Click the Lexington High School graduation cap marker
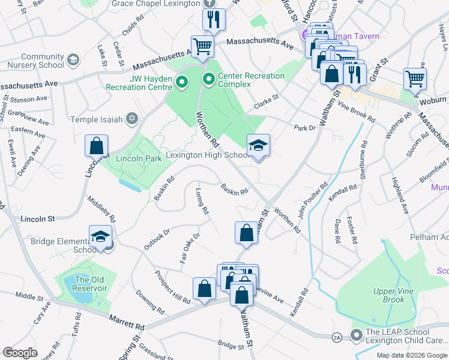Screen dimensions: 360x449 (x=259, y=146)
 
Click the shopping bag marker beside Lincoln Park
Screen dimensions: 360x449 (x=97, y=146)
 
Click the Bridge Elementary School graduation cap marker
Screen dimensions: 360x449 (x=101, y=236)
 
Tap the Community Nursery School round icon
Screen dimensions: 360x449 (x=73, y=60)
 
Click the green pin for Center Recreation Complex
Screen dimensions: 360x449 (x=209, y=79)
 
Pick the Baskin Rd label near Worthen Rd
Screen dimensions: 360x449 (x=234, y=190)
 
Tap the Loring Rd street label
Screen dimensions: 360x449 (x=202, y=202)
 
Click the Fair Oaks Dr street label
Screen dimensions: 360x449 (x=188, y=249)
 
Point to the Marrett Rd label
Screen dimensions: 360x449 (x=127, y=322)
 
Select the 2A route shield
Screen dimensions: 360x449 (x=337, y=338)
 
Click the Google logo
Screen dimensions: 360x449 (x=20, y=352)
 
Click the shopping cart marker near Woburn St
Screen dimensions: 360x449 (x=415, y=79)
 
